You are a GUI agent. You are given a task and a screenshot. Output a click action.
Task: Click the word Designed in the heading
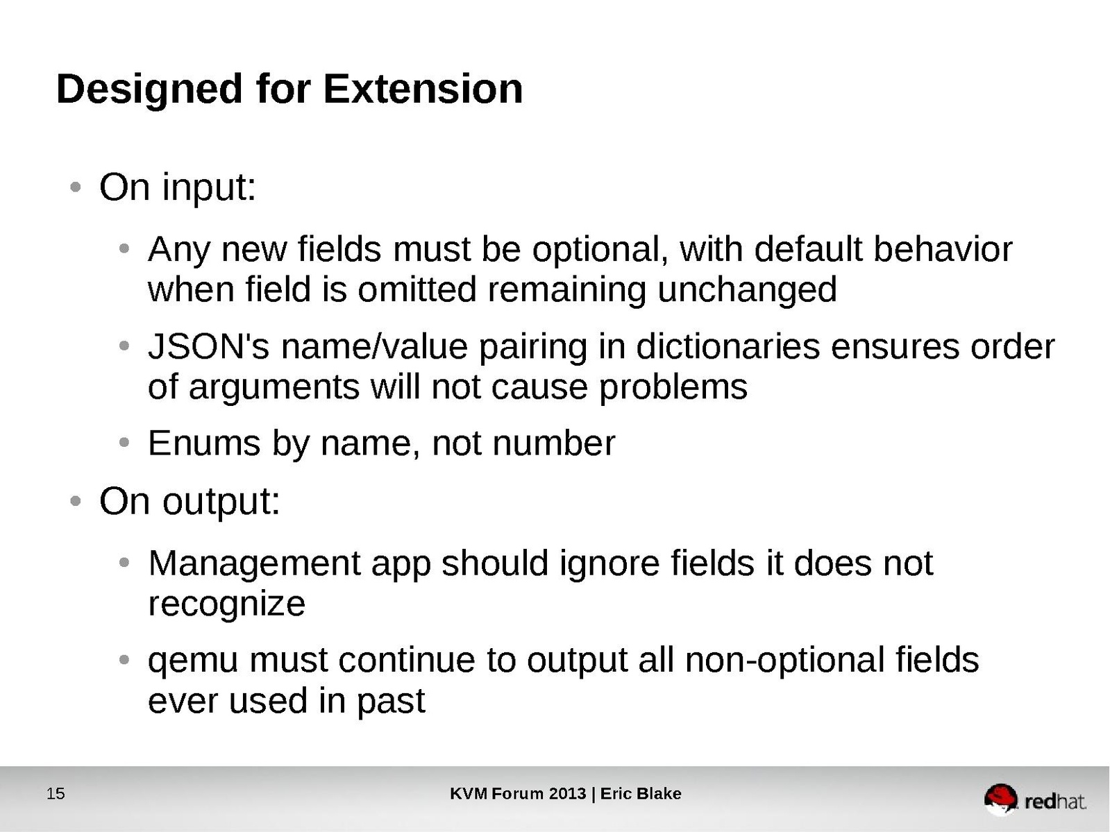coord(149,91)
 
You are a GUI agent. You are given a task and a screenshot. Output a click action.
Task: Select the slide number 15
coord(56,794)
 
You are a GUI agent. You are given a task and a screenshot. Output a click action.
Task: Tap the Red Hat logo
coord(1034,799)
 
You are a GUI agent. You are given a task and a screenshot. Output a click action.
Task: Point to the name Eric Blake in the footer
coord(641,794)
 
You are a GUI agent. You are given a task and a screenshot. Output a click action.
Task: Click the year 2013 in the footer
coord(567,794)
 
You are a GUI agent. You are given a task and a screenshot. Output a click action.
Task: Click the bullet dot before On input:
coord(76,187)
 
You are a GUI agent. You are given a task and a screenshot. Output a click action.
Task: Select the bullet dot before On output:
coord(76,502)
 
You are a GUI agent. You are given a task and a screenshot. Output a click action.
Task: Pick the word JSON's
coord(209,347)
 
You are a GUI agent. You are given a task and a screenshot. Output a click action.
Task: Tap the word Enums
coord(204,443)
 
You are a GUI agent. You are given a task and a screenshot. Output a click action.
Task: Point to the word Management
coord(254,563)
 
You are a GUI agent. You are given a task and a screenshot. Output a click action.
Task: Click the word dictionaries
coord(728,347)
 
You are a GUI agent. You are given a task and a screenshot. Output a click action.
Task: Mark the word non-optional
coord(784,661)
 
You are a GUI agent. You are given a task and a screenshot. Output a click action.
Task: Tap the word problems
coord(673,388)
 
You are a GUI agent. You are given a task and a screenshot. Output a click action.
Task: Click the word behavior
coord(943,250)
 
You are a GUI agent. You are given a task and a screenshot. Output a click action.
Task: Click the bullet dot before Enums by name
coord(124,443)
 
